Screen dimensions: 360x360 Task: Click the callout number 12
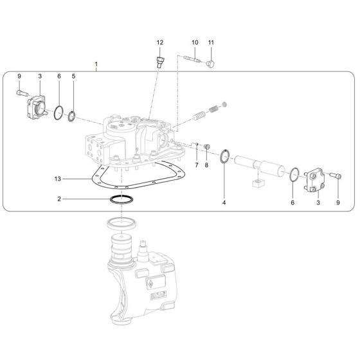click(x=160, y=42)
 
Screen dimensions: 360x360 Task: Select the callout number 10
click(x=194, y=42)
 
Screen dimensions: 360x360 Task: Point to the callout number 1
click(x=96, y=65)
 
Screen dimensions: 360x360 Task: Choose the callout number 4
click(x=224, y=203)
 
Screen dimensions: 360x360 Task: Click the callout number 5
click(x=73, y=76)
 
